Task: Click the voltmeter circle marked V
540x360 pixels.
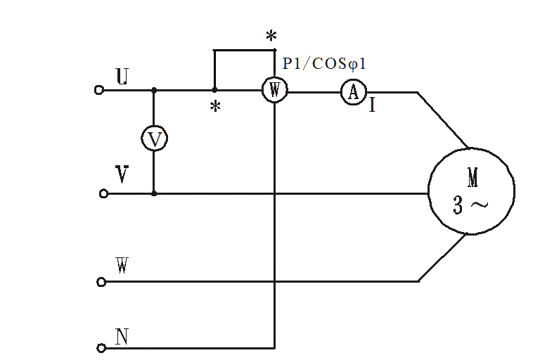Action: click(154, 139)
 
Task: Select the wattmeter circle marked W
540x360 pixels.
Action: click(274, 91)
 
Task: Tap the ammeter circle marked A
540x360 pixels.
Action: click(354, 92)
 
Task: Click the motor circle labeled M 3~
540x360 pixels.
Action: click(471, 191)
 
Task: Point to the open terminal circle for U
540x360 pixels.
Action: click(99, 90)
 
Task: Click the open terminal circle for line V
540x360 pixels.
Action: click(103, 193)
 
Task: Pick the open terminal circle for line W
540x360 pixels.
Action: click(101, 282)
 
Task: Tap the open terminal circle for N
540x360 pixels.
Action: click(101, 347)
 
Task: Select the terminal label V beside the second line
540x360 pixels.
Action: click(122, 174)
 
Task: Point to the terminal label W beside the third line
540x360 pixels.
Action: click(121, 265)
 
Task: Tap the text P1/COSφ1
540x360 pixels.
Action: click(324, 63)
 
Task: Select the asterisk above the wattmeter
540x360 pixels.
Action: click(271, 36)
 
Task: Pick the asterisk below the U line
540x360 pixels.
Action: click(216, 107)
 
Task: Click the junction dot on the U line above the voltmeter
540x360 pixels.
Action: click(154, 91)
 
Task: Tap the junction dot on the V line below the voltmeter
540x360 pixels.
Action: click(154, 193)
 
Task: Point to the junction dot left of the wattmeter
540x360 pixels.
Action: click(214, 91)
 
